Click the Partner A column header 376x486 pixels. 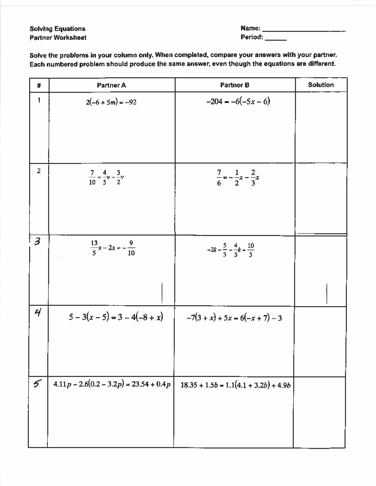click(111, 85)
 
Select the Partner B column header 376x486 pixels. click(235, 85)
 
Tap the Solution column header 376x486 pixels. click(321, 85)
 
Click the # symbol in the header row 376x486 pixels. click(39, 85)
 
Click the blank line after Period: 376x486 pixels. click(275, 39)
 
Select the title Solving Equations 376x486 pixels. click(57, 29)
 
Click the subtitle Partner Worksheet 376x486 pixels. click(58, 38)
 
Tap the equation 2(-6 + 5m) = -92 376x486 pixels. click(111, 102)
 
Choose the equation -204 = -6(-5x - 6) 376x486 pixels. click(238, 101)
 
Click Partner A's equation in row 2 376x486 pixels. click(107, 177)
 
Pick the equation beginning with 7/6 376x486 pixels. click(238, 178)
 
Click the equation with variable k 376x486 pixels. click(230, 250)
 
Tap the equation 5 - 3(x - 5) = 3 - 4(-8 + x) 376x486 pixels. click(116, 317)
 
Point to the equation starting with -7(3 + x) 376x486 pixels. click(234, 318)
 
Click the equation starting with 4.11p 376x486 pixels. click(112, 384)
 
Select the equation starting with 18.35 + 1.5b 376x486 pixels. click(235, 385)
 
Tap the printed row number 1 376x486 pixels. click(39, 100)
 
